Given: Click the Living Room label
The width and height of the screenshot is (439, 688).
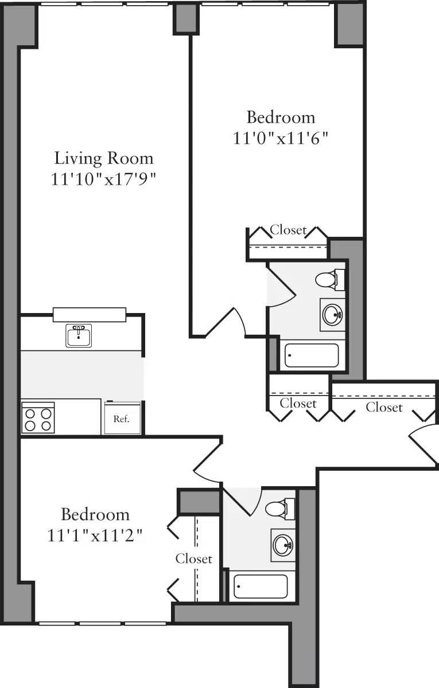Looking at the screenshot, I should [104, 158].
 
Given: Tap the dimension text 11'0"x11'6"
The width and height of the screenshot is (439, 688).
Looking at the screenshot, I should [281, 138].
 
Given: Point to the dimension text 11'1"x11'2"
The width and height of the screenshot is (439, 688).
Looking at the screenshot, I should [95, 535].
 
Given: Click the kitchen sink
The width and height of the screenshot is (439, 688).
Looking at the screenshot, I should [79, 335].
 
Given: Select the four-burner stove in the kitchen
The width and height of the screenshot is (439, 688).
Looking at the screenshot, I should [38, 417].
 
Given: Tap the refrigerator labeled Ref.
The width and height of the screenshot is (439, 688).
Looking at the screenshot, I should [121, 419].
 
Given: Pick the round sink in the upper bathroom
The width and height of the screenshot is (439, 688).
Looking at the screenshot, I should [332, 314].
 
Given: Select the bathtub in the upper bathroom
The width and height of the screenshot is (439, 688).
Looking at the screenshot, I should [313, 355].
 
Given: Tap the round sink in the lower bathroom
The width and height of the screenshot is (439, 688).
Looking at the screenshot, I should [282, 544].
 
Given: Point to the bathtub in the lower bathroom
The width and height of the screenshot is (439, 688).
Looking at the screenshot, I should [261, 586].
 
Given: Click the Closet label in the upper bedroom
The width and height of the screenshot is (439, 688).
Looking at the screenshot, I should [288, 230].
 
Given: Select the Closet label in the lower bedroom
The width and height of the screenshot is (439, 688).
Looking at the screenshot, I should [194, 558].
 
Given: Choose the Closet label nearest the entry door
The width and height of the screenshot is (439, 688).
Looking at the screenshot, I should [384, 407].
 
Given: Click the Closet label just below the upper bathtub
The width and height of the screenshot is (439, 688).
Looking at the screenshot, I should [298, 404].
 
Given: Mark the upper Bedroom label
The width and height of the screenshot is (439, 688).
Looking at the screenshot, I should [281, 118].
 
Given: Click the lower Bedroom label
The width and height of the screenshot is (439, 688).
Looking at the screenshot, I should [95, 514].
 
